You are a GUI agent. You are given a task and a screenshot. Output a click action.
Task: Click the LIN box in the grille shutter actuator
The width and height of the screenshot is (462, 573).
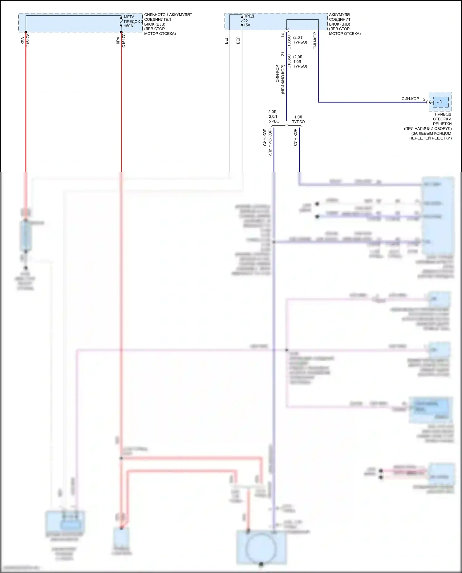pos(439,101)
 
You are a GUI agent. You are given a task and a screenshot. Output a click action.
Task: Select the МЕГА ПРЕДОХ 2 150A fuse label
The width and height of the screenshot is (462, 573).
pos(133,22)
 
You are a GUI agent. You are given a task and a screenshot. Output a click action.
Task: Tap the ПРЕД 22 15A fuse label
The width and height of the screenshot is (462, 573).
pos(248,21)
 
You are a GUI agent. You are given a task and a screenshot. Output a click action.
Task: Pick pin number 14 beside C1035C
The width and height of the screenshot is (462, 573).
pos(283,35)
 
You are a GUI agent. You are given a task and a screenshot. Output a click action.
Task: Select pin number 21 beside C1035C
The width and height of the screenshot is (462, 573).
pos(283,54)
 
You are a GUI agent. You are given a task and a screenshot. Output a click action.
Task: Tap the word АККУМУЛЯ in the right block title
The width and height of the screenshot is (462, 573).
pos(339,15)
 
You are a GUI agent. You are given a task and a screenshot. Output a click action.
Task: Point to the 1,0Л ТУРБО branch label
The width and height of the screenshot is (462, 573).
pos(298,119)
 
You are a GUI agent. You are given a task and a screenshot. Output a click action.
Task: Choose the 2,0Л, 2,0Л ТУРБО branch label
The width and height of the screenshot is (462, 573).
pos(273,116)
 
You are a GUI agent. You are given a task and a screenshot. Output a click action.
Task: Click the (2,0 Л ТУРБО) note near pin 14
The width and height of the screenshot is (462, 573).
pos(300,40)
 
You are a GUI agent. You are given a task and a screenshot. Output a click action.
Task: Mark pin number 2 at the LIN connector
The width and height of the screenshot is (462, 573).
pos(424,99)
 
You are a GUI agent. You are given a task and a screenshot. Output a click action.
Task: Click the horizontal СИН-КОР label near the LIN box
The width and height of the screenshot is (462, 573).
pos(410,99)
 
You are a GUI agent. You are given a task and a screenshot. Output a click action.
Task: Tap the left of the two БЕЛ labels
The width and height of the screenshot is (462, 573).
pos(226,40)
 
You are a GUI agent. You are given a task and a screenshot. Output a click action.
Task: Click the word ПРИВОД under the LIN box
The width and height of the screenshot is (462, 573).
pos(443,114)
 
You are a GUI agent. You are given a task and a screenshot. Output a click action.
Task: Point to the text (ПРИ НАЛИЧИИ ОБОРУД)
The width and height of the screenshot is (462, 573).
pos(428,129)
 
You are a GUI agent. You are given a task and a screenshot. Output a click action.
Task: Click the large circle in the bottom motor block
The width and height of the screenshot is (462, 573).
pos(261,547)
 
